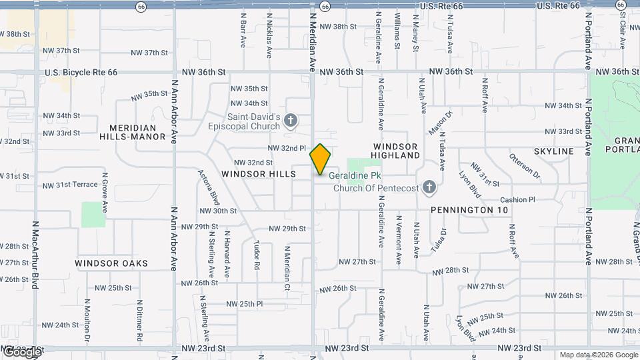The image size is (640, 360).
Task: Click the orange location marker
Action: pyautogui.click(x=320, y=159)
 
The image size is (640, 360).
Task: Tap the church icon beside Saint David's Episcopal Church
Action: pyautogui.click(x=290, y=121)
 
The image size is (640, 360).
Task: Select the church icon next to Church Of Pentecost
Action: pyautogui.click(x=429, y=187)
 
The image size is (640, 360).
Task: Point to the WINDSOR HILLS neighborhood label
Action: pyautogui.click(x=259, y=174)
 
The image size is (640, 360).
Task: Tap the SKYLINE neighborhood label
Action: pyautogui.click(x=553, y=151)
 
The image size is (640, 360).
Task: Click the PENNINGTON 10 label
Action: pyautogui.click(x=469, y=210)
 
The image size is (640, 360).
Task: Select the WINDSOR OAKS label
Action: pyautogui.click(x=111, y=263)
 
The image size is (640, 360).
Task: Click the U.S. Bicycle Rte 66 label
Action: pyautogui.click(x=81, y=72)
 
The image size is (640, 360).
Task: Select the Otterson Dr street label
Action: pyautogui.click(x=525, y=167)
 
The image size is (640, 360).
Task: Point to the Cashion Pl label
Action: pyautogui.click(x=517, y=199)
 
